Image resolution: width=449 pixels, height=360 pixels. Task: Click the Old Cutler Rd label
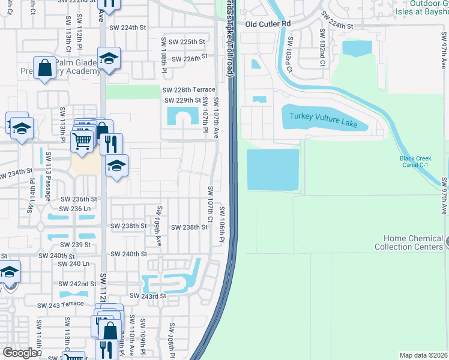[268, 24]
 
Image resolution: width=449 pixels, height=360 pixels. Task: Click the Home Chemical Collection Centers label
[413, 242]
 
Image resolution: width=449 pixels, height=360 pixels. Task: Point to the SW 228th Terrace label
[188, 89]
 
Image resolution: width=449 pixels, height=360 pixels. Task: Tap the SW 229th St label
[182, 100]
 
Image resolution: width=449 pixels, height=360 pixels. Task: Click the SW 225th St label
[187, 42]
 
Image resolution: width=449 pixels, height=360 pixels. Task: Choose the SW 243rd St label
[149, 296]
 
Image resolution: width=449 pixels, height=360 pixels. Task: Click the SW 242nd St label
[77, 284]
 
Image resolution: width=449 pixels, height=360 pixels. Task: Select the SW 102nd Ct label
[322, 45]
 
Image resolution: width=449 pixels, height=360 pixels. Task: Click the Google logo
[19, 353]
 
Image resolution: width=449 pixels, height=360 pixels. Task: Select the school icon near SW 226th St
[109, 59]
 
